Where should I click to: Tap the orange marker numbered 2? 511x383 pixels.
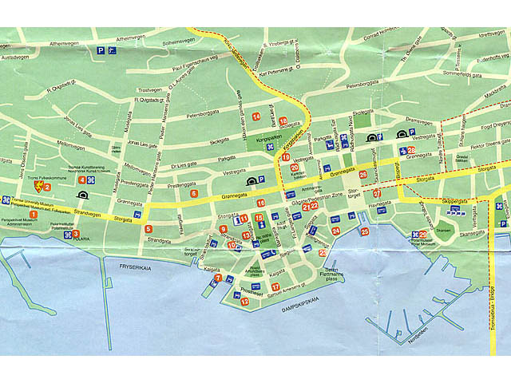pyautogui.click(x=47, y=188)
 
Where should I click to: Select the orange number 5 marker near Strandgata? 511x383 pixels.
pyautogui.click(x=149, y=230)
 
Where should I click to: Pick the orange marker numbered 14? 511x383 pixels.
pyautogui.click(x=255, y=116)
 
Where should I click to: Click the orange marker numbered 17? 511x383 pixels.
pyautogui.click(x=275, y=286)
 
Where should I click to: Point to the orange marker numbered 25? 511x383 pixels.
pyautogui.click(x=365, y=231)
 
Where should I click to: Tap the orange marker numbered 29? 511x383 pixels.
pyautogui.click(x=422, y=234)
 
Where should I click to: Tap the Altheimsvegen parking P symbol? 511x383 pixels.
pyautogui.click(x=101, y=49)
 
